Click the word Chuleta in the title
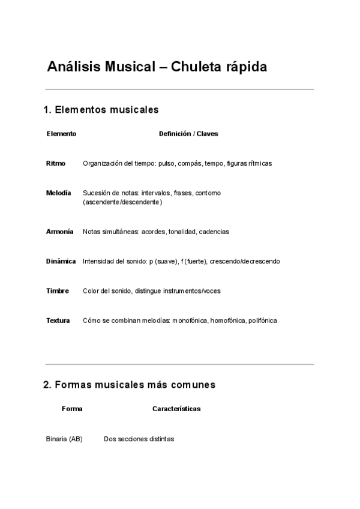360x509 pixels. click(x=196, y=67)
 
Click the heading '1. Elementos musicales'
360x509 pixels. click(x=101, y=110)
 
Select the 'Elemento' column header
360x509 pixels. click(x=61, y=134)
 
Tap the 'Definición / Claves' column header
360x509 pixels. click(x=188, y=134)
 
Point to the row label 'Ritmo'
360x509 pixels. click(x=56, y=163)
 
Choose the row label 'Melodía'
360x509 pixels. click(x=58, y=193)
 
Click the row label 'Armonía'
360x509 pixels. click(x=59, y=231)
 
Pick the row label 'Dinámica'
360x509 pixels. click(x=61, y=261)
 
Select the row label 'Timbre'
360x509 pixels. click(x=58, y=291)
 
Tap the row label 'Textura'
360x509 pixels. click(x=58, y=321)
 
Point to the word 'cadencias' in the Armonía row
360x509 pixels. click(x=214, y=231)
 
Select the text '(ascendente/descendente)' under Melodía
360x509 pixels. click(x=122, y=203)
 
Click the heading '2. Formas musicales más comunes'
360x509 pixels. click(x=129, y=384)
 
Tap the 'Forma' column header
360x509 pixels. click(x=72, y=409)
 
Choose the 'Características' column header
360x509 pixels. click(x=176, y=409)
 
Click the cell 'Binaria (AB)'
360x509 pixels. click(x=64, y=439)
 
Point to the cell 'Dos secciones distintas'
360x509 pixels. click(x=139, y=439)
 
